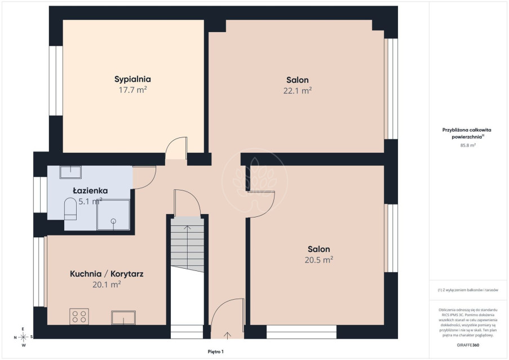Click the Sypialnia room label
click(x=132, y=79)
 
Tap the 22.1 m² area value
click(x=298, y=91)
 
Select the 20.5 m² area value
click(x=319, y=260)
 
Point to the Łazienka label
click(x=90, y=190)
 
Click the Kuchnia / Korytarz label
click(x=107, y=274)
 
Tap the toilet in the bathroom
click(x=70, y=208)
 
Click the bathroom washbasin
click(x=70, y=172)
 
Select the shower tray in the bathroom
click(x=113, y=215)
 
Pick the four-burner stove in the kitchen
click(x=79, y=316)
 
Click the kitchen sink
click(x=123, y=318)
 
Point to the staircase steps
click(x=187, y=244)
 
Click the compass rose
click(x=23, y=337)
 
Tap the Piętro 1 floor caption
click(x=215, y=352)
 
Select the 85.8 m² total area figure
click(x=468, y=145)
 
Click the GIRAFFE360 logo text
click(x=468, y=345)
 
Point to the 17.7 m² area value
click(x=132, y=90)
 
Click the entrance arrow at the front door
click(x=227, y=335)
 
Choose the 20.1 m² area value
click(x=107, y=285)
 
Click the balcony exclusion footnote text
click(x=468, y=290)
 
